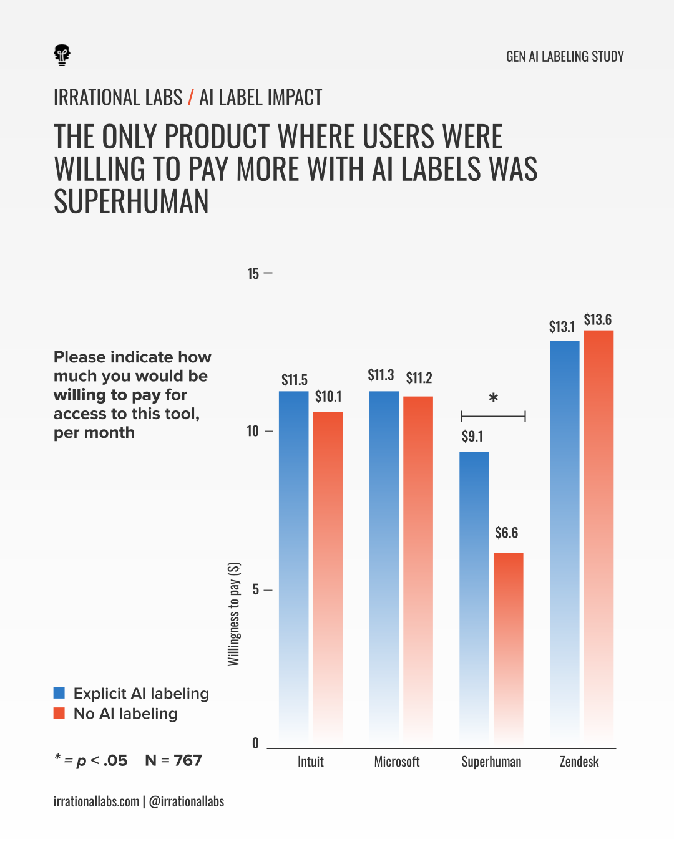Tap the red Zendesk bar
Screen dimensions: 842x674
pyautogui.click(x=598, y=536)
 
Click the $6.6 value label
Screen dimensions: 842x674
pyautogui.click(x=506, y=533)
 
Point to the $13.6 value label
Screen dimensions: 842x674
pyautogui.click(x=597, y=320)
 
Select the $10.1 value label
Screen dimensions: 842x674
pyautogui.click(x=328, y=397)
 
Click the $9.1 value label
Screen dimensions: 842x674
pyautogui.click(x=472, y=437)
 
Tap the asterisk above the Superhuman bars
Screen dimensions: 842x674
pyautogui.click(x=493, y=399)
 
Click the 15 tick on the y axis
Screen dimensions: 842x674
pyautogui.click(x=253, y=274)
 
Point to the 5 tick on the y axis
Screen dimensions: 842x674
pyautogui.click(x=256, y=590)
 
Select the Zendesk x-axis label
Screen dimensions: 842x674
pyautogui.click(x=579, y=762)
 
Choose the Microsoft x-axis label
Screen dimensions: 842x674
pyautogui.click(x=397, y=762)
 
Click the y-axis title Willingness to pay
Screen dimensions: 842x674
pyautogui.click(x=234, y=614)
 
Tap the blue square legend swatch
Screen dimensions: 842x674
pyautogui.click(x=59, y=693)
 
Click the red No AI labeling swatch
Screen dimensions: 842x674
pyautogui.click(x=59, y=713)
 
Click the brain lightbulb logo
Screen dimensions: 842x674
pyautogui.click(x=62, y=55)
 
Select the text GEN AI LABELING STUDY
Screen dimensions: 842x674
pyautogui.click(x=565, y=57)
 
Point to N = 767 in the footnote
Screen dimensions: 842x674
pyautogui.click(x=173, y=760)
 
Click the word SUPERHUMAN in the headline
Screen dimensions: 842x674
pyautogui.click(x=131, y=202)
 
